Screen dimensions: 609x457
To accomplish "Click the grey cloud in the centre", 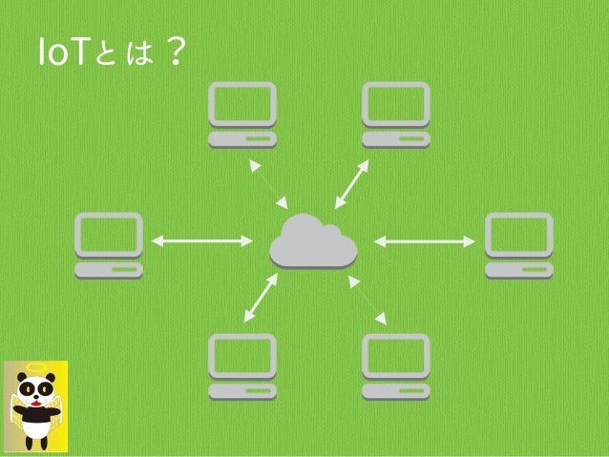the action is click(x=312, y=242).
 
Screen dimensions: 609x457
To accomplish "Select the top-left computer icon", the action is click(x=243, y=114).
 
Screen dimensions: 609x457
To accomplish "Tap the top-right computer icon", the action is click(x=396, y=114).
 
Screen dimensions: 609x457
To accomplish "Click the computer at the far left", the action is click(x=109, y=244).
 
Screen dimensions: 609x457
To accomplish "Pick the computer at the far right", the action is click(x=518, y=244).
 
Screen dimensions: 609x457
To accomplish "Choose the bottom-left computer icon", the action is click(x=243, y=365).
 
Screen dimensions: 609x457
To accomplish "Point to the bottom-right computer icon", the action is click(x=396, y=365).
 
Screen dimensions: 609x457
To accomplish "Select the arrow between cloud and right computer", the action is click(x=423, y=241).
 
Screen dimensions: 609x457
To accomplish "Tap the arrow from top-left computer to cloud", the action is click(x=268, y=183).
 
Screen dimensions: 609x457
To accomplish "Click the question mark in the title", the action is click(x=172, y=53).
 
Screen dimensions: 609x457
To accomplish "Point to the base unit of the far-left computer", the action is click(x=109, y=270).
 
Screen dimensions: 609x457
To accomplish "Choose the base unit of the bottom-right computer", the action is click(x=396, y=390).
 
